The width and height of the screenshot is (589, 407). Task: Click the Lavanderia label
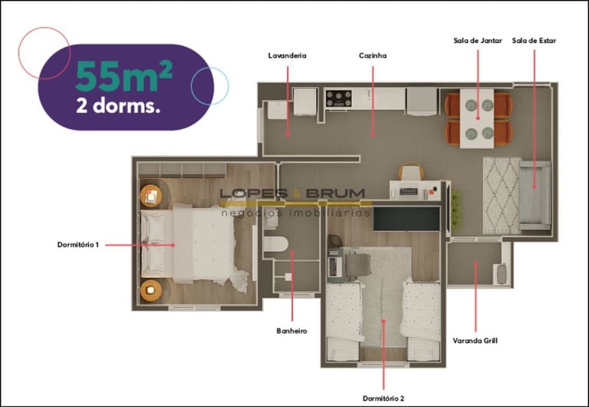(x=288, y=55)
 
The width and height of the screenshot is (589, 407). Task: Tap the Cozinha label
(x=373, y=55)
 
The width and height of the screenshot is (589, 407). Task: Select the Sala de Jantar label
(x=478, y=41)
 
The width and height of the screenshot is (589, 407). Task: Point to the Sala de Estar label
(x=534, y=41)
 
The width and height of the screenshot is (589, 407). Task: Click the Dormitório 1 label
(x=78, y=245)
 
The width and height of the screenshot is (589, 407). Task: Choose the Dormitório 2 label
(x=383, y=399)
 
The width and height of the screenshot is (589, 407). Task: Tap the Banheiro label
(x=291, y=331)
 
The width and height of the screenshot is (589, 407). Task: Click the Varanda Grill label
(x=475, y=341)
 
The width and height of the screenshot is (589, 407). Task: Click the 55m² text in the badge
(x=124, y=75)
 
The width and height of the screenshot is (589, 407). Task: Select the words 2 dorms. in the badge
(x=118, y=106)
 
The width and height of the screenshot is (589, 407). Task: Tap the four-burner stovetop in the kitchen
(x=339, y=98)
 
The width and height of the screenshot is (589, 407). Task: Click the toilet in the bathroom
(x=275, y=244)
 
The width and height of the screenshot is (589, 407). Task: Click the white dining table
(x=477, y=118)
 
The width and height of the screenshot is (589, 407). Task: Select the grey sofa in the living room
(x=535, y=195)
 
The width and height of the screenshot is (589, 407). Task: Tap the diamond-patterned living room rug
(x=502, y=196)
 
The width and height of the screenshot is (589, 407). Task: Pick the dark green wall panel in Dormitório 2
(x=406, y=219)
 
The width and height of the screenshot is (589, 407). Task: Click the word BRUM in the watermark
(x=335, y=194)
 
